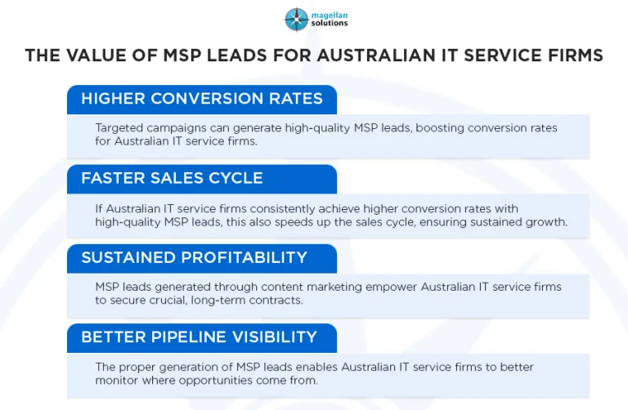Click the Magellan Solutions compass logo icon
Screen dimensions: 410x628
coord(296,19)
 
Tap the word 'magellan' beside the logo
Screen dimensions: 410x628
coord(328,14)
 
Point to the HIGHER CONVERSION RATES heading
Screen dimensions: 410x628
coord(202,100)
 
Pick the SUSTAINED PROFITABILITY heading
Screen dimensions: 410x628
coord(194,258)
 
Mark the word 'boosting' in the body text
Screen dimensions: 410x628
coord(440,127)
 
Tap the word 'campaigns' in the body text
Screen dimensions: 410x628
coord(177,127)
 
